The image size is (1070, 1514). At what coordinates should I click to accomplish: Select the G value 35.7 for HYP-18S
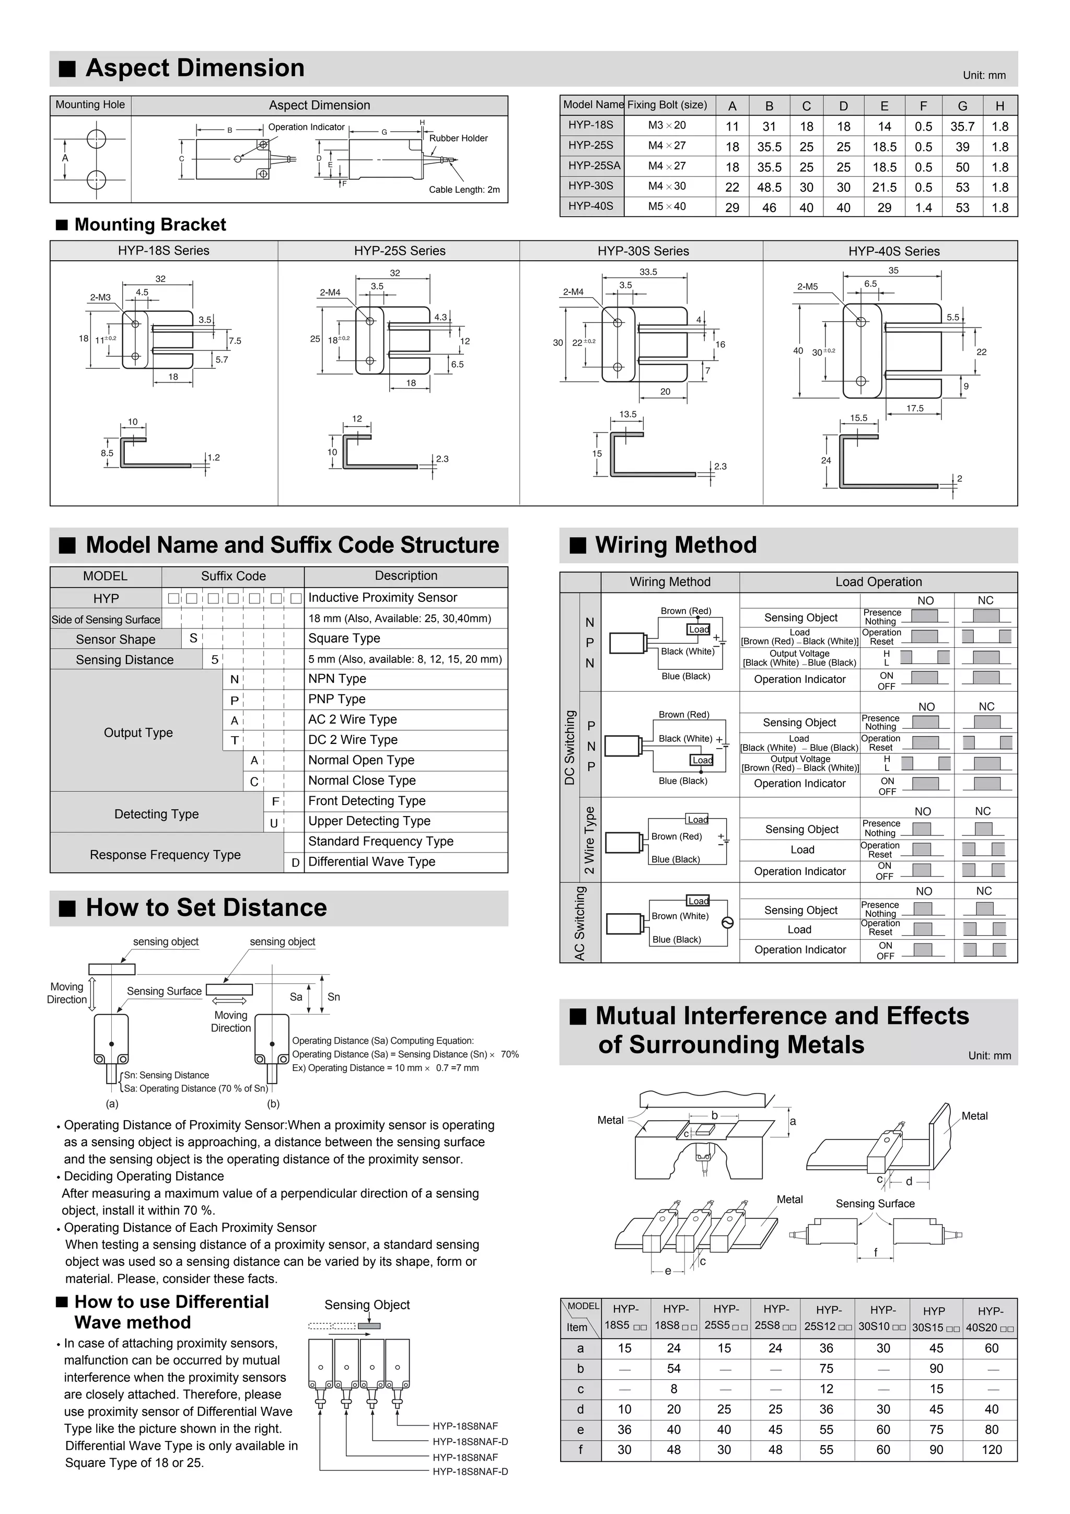pyautogui.click(x=962, y=126)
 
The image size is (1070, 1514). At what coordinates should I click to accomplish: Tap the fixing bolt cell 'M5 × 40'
pyautogui.click(x=667, y=206)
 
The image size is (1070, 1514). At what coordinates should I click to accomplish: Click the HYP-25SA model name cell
pyautogui.click(x=591, y=166)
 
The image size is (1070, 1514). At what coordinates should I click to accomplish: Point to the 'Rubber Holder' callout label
pyautogui.click(x=458, y=138)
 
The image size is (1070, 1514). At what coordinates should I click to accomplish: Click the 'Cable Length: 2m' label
pyautogui.click(x=464, y=190)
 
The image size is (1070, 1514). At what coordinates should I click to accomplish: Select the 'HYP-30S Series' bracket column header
pyautogui.click(x=643, y=251)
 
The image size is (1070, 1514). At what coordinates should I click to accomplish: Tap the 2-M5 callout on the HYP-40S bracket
pyautogui.click(x=807, y=287)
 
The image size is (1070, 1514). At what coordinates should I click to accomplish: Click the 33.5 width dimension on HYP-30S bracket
pyautogui.click(x=648, y=272)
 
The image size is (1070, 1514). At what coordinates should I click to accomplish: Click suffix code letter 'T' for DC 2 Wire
pyautogui.click(x=234, y=740)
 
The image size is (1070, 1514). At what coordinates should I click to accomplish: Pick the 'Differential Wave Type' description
pyautogui.click(x=372, y=862)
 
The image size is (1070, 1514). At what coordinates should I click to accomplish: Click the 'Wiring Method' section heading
pyautogui.click(x=676, y=545)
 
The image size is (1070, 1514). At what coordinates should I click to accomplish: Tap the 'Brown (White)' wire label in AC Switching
pyautogui.click(x=680, y=916)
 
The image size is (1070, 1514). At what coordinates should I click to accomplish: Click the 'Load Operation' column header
pyautogui.click(x=878, y=581)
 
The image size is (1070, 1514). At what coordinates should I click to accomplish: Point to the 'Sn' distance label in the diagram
pyautogui.click(x=334, y=997)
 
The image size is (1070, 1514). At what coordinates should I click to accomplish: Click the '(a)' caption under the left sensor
pyautogui.click(x=112, y=1104)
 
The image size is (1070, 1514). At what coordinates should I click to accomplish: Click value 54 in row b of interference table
pyautogui.click(x=674, y=1369)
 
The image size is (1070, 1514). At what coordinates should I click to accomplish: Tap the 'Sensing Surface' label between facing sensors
pyautogui.click(x=875, y=1204)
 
